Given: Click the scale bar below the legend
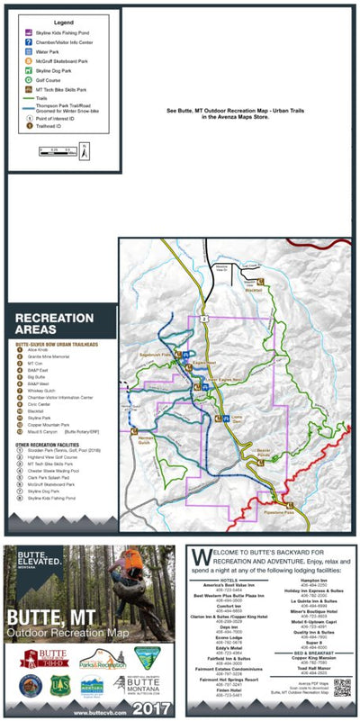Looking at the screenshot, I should [52, 153].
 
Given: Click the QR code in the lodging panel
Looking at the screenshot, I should [340, 689].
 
